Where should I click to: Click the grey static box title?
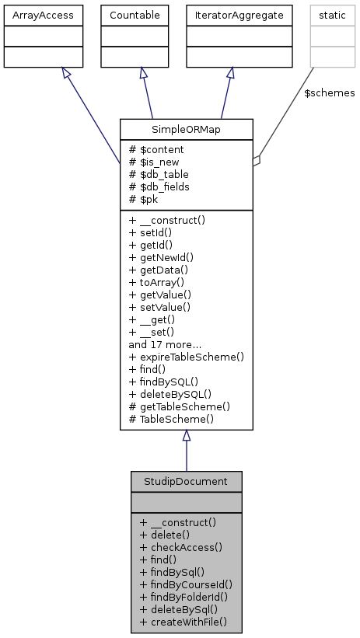[331, 14]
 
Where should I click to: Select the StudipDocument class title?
[186, 481]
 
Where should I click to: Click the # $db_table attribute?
[159, 174]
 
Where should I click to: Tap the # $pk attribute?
[145, 199]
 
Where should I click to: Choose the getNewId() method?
[161, 257]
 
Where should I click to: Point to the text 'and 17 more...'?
[165, 344]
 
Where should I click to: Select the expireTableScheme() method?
[187, 357]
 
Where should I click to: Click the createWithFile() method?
[183, 622]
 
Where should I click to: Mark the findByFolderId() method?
[185, 597]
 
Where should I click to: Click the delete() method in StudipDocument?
[165, 535]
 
